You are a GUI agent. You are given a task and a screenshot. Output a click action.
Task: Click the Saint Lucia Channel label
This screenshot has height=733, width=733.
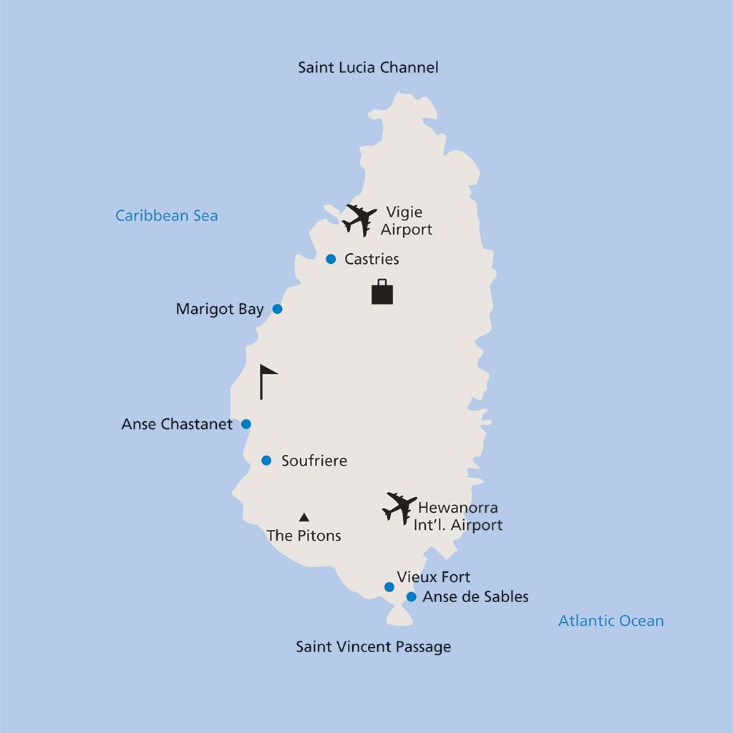(x=368, y=68)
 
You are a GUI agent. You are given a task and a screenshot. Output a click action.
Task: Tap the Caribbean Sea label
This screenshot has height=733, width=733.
(x=166, y=215)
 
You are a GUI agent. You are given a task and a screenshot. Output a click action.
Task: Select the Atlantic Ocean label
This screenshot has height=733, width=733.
(x=611, y=621)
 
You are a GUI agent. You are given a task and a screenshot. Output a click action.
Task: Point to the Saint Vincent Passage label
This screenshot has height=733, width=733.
(x=374, y=647)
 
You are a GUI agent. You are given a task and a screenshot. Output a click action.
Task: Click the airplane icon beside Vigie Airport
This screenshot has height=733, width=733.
(x=359, y=219)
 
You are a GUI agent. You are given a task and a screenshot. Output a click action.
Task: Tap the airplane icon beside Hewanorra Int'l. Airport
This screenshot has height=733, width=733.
(x=399, y=508)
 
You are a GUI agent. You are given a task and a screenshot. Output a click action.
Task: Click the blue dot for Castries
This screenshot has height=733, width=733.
(x=331, y=259)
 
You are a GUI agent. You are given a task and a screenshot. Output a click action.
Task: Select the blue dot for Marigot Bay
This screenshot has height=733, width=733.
(x=278, y=309)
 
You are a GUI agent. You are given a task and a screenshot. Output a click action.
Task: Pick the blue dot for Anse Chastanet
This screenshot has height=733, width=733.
(x=246, y=424)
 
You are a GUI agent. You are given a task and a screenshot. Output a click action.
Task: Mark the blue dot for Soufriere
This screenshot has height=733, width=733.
(x=266, y=461)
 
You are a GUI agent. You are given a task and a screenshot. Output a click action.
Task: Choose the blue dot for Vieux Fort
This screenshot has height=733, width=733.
(x=389, y=587)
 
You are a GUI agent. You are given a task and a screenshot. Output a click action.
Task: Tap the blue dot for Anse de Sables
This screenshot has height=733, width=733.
(x=412, y=596)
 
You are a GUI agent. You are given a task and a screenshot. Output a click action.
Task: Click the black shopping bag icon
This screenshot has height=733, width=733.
(x=382, y=292)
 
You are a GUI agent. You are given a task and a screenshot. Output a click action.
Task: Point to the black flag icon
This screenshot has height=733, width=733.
(x=268, y=381)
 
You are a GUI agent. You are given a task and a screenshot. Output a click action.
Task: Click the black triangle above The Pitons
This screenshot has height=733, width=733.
(x=304, y=517)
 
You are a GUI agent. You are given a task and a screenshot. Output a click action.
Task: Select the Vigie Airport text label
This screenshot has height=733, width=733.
(x=406, y=221)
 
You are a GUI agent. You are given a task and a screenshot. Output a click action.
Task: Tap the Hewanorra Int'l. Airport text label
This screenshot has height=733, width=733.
(x=458, y=516)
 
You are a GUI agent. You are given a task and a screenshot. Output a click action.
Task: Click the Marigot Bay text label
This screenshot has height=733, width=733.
(x=219, y=310)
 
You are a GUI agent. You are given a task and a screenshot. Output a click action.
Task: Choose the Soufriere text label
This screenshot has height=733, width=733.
(x=314, y=461)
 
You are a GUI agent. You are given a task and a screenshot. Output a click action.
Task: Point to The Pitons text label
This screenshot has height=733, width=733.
(x=304, y=536)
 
